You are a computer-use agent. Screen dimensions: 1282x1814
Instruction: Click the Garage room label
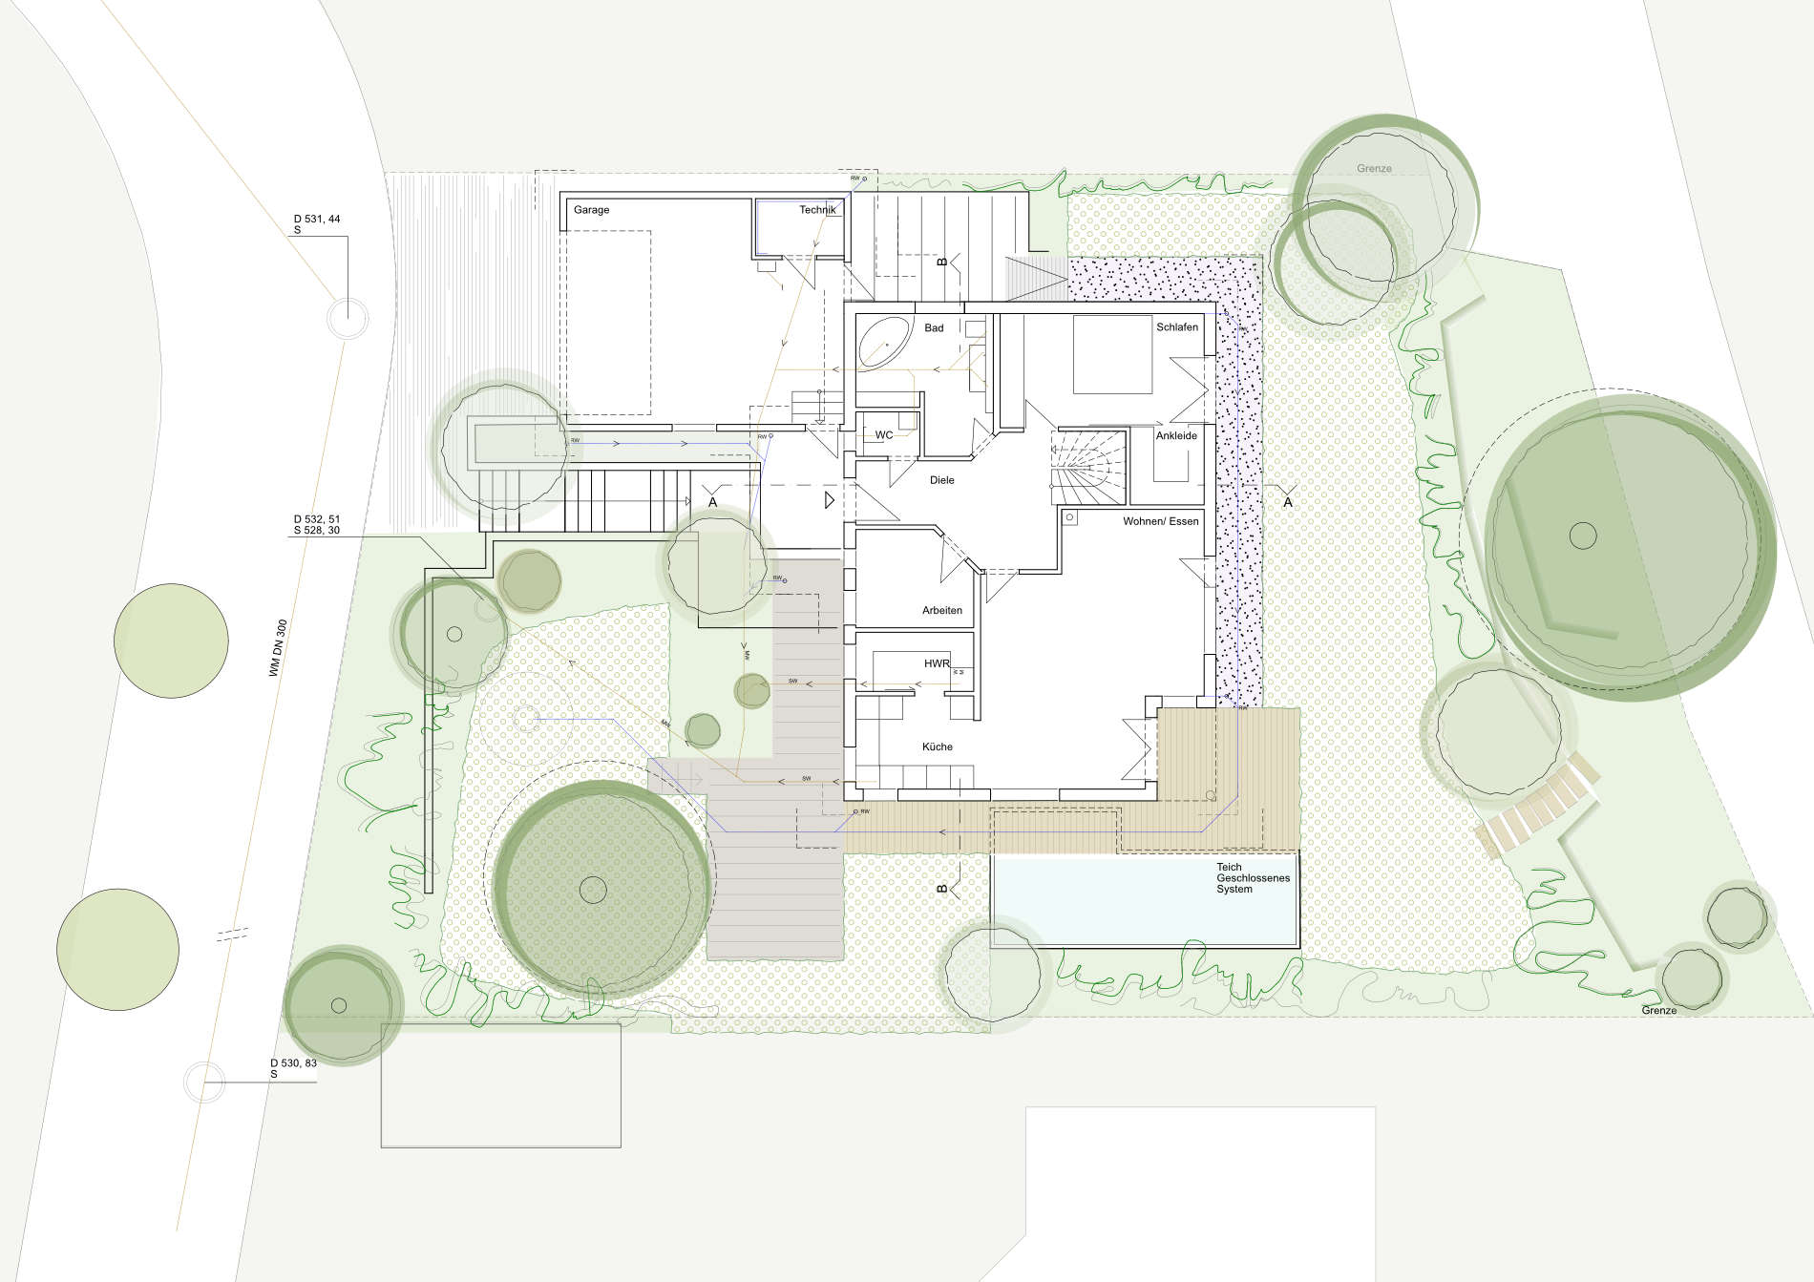(591, 210)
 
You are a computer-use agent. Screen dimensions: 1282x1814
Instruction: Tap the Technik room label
(817, 210)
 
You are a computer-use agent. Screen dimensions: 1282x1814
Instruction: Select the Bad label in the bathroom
(934, 328)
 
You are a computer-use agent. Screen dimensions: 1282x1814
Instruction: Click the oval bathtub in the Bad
(884, 344)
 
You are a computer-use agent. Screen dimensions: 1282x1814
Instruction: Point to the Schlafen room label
(1177, 327)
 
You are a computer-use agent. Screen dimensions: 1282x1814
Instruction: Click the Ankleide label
(1176, 436)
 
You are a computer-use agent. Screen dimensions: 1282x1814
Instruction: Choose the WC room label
(884, 435)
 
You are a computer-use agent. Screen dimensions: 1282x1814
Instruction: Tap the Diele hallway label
(942, 480)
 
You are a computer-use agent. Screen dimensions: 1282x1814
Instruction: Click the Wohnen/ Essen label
(1161, 522)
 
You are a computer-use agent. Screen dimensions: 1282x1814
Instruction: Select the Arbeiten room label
(942, 611)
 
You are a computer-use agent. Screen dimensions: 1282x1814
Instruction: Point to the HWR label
(937, 663)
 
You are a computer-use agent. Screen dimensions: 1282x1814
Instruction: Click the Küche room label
(938, 747)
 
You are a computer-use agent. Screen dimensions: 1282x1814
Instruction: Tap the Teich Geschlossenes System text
(1253, 878)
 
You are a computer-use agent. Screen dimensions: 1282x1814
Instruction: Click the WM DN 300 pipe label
(278, 649)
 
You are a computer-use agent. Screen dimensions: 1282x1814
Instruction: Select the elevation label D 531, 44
(317, 220)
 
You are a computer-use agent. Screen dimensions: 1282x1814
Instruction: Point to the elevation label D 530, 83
(293, 1062)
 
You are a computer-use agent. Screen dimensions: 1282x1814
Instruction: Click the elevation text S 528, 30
(317, 531)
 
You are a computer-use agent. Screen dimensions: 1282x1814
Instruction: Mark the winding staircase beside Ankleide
(1088, 468)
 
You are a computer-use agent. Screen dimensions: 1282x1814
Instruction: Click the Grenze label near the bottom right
(1659, 1010)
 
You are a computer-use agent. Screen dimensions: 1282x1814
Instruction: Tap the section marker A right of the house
(1288, 502)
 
